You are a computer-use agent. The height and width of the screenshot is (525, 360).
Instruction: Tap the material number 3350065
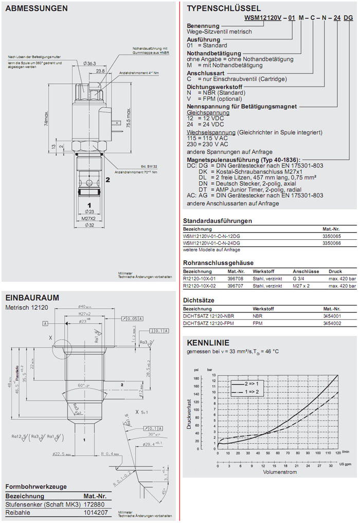332,235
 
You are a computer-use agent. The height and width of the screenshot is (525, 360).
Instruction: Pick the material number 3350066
332,242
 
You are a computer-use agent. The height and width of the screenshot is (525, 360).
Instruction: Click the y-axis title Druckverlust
190,411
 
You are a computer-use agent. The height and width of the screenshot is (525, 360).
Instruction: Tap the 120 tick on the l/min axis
337,453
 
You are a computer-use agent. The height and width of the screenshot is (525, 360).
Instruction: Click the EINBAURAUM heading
31,297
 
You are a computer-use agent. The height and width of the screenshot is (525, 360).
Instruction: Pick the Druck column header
335,271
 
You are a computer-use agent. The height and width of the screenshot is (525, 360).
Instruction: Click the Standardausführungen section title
218,221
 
